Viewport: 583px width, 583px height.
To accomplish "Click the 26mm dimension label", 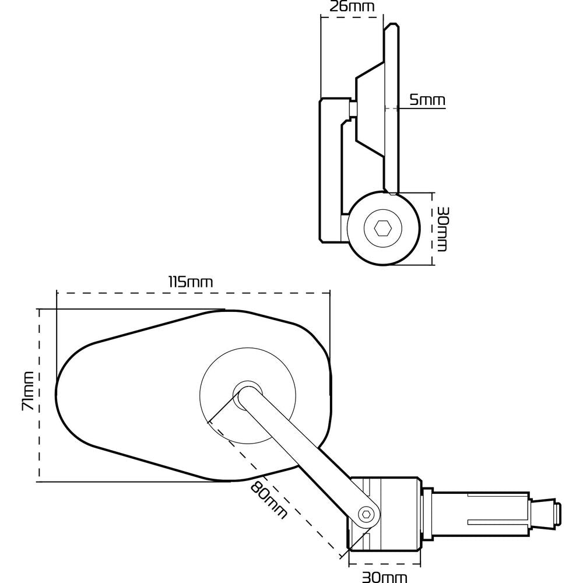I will coord(352,7).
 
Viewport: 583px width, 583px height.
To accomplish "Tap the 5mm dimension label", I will coord(427,100).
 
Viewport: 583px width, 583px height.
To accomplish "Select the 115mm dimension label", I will coord(191,282).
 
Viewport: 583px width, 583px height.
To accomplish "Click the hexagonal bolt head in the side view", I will coord(382,228).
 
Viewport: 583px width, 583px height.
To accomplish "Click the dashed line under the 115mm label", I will coord(192,292).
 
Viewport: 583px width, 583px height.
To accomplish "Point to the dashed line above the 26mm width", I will coord(352,17).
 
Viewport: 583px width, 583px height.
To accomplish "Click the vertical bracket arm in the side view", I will coord(330,169).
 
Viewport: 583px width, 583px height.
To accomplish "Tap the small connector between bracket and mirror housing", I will coord(353,108).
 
